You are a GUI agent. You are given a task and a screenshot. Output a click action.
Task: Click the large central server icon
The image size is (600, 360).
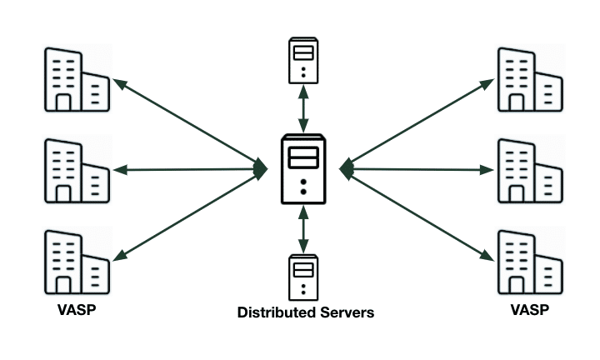[305, 169]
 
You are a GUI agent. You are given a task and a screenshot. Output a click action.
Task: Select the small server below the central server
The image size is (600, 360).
[303, 277]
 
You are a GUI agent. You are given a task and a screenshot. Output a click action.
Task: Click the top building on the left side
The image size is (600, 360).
[76, 80]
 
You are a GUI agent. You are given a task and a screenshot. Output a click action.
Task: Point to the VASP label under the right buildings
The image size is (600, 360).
[529, 310]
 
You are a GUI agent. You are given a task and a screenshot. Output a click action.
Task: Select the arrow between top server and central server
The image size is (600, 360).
[304, 106]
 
